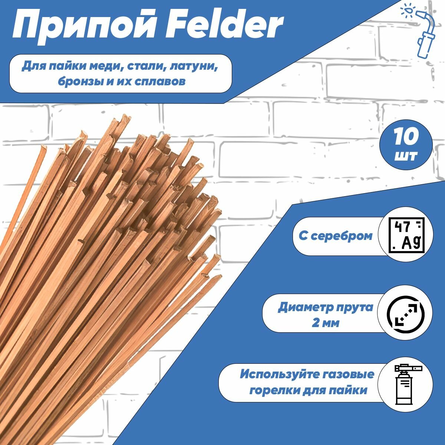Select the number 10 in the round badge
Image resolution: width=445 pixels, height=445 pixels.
coord(406,137)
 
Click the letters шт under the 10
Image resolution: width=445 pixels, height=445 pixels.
coord(406,156)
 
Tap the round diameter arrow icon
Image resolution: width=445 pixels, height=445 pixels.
coord(407,315)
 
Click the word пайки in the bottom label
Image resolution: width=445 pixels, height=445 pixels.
coord(350,390)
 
